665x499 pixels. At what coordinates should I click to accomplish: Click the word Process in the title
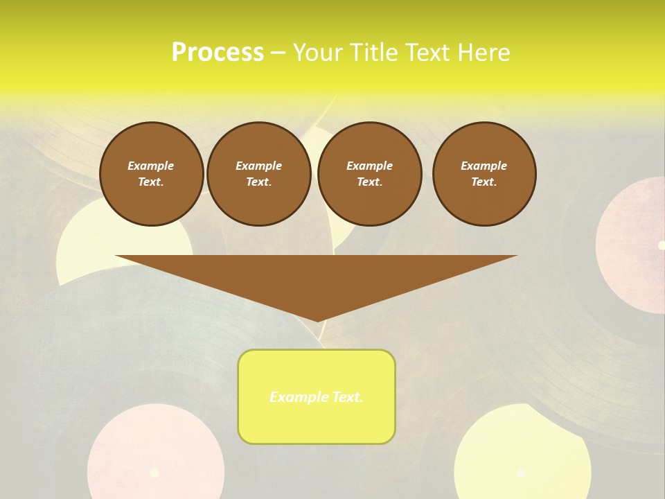[x=218, y=53]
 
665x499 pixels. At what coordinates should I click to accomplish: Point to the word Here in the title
[x=485, y=53]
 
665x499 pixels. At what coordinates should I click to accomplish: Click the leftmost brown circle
[x=152, y=174]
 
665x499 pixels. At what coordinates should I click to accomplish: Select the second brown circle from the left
[x=259, y=174]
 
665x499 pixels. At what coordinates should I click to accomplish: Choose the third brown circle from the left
[x=369, y=174]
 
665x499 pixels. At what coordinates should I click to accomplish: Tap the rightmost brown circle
[x=484, y=174]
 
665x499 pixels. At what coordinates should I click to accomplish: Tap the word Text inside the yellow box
[x=348, y=397]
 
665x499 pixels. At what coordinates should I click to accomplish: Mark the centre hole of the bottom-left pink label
[x=154, y=473]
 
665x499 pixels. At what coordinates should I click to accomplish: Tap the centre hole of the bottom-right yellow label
[x=521, y=472]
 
